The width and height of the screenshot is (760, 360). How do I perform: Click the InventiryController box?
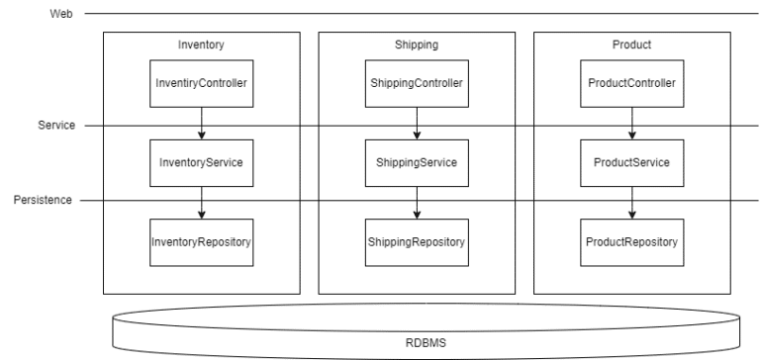click(202, 83)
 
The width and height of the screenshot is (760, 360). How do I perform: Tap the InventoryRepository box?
click(202, 241)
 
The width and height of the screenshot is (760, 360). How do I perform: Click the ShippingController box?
click(417, 83)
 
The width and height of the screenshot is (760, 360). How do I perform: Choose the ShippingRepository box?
click(417, 241)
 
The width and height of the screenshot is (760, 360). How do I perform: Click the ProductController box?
click(631, 83)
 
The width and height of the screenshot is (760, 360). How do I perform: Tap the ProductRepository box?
click(631, 241)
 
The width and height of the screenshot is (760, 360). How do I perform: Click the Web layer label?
click(60, 14)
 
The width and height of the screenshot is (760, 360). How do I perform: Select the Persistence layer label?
click(44, 201)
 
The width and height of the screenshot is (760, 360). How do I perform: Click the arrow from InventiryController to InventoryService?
click(202, 123)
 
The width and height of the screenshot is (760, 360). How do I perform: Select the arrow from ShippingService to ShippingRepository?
click(417, 202)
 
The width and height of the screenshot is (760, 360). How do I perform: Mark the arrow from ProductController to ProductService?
click(631, 123)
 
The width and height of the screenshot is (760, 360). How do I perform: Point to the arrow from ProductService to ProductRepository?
click(631, 202)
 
